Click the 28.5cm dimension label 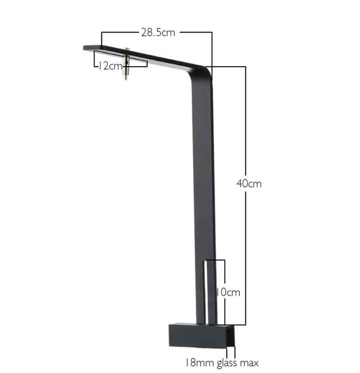pos(158,32)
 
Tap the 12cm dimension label pos(110,66)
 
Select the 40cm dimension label pos(249,184)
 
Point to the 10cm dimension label pos(228,292)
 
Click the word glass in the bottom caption pos(227,363)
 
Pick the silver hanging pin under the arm pos(126,64)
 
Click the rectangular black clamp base pos(202,336)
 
